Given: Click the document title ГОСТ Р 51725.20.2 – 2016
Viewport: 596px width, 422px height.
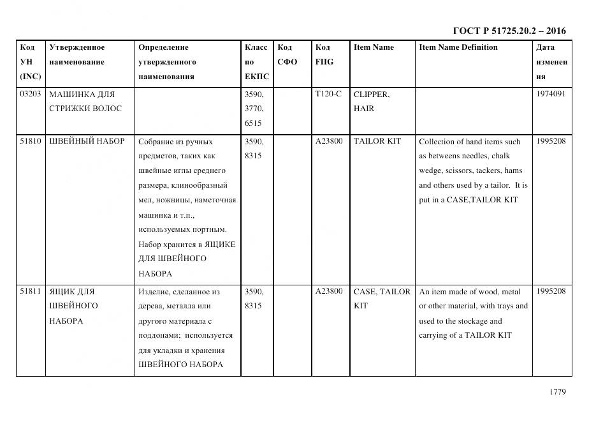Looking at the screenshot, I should (x=509, y=31).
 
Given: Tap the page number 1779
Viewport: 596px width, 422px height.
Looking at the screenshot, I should (x=557, y=392).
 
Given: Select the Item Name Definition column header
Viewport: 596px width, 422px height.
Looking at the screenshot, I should (x=458, y=47).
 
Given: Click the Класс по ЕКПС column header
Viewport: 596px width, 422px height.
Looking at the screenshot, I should (x=257, y=62).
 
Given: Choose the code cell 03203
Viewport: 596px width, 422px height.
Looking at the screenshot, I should (x=31, y=94).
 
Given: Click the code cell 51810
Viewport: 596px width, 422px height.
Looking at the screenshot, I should (x=31, y=141).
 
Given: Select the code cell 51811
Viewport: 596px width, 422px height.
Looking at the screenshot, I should (x=31, y=292).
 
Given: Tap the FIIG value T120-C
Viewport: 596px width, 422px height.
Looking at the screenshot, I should (x=328, y=94).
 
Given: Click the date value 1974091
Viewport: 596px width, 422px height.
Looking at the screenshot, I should (x=551, y=94).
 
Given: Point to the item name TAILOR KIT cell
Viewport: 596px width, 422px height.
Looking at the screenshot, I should (x=377, y=141).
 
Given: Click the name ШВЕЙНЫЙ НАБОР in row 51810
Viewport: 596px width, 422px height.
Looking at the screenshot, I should (x=87, y=141).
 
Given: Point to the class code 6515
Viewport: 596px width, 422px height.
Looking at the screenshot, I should (x=254, y=123).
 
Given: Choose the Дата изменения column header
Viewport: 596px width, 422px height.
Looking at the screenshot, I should (x=551, y=62).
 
